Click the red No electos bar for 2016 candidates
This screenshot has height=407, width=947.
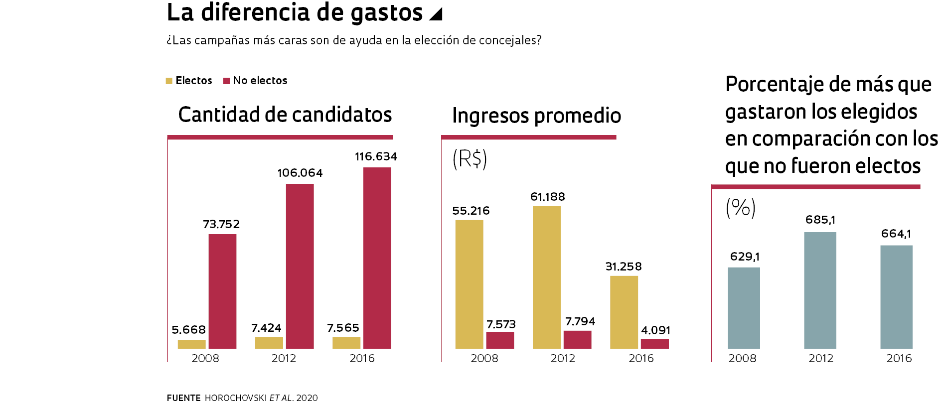click(377, 258)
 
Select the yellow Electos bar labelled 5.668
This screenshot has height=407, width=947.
click(191, 344)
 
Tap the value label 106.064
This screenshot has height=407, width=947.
click(300, 173)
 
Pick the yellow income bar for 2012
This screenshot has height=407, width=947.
click(546, 277)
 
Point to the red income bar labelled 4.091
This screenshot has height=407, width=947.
click(654, 344)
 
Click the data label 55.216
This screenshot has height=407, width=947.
click(471, 211)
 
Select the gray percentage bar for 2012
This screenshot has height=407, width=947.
click(820, 290)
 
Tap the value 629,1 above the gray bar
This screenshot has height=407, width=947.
click(745, 257)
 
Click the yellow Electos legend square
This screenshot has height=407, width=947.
click(169, 81)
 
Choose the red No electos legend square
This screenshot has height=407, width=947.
click(226, 81)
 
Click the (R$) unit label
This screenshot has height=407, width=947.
click(470, 159)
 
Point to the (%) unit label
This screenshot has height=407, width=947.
click(741, 208)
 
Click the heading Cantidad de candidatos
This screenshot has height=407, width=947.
click(285, 115)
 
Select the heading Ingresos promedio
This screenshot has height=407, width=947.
click(536, 116)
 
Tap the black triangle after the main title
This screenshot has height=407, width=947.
click(436, 14)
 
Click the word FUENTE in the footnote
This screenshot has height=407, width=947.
click(183, 398)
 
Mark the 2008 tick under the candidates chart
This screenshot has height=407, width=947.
click(205, 358)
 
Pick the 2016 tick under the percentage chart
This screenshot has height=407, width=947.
click(899, 358)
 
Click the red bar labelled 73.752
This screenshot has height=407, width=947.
click(222, 291)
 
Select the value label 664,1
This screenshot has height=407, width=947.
click(896, 234)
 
